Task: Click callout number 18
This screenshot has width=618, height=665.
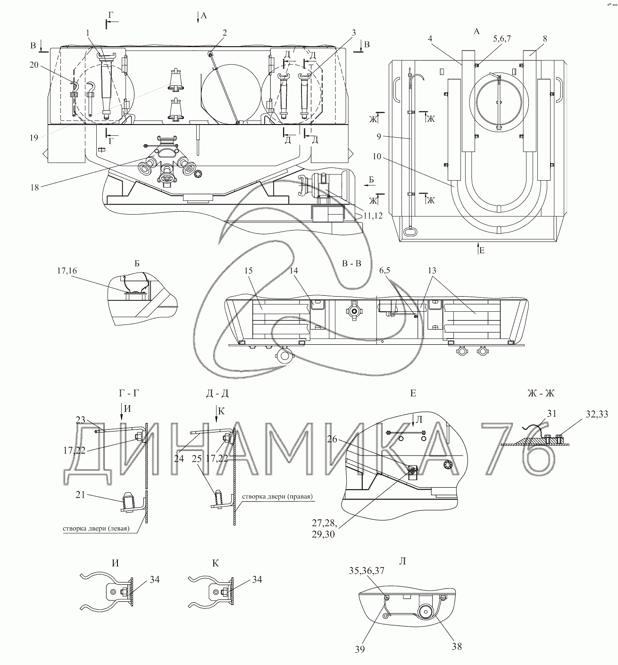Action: (x=34, y=188)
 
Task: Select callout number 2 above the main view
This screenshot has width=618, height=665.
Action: (x=225, y=33)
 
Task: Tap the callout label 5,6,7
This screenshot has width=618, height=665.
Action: (x=502, y=39)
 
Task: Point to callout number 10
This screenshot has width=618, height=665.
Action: (x=377, y=157)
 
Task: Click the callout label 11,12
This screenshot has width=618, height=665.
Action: (x=373, y=216)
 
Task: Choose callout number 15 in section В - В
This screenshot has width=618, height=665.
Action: (x=248, y=271)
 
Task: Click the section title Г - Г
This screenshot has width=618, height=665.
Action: (x=129, y=393)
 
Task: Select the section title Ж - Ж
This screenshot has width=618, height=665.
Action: (x=541, y=393)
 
